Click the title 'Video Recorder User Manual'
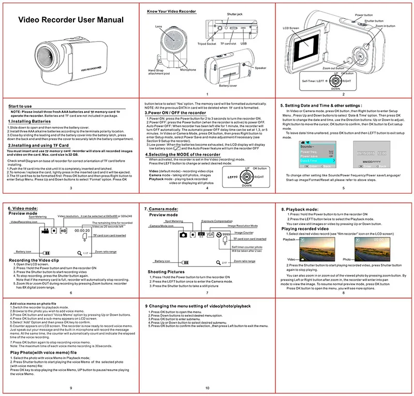pos(71,20)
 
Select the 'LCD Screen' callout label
pos(291,27)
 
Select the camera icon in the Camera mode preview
pos(183,234)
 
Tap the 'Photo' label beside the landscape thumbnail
pos(347,258)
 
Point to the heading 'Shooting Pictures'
pos(166,271)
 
